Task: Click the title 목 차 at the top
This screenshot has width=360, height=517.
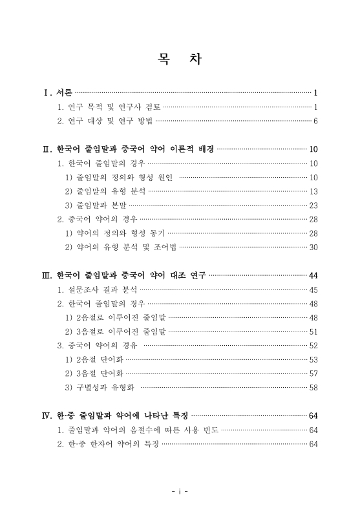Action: click(180, 60)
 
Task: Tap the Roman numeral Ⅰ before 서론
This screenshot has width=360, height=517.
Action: click(47, 92)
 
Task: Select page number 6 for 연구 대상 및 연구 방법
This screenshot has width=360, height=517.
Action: click(315, 121)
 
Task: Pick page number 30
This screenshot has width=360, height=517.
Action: click(313, 247)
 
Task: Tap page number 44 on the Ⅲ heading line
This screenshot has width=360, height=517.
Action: click(313, 275)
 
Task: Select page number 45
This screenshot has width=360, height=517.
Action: click(313, 290)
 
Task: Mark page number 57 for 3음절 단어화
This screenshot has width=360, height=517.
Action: click(313, 373)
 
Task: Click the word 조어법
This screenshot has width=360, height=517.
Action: click(164, 247)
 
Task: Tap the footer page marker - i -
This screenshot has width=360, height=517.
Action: click(180, 491)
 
